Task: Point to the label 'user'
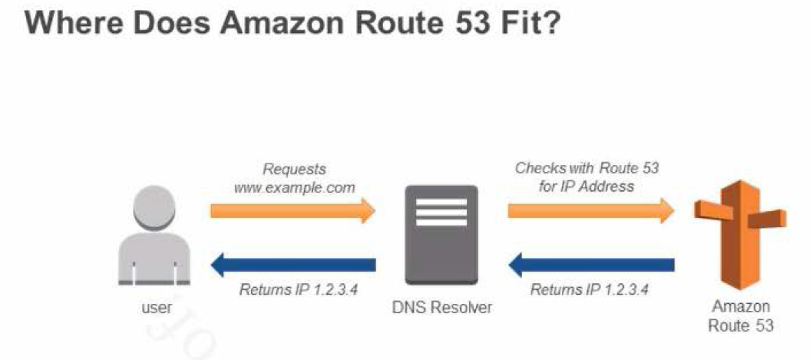click(156, 308)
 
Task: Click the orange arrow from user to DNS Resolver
click(292, 210)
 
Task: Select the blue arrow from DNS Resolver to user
click(292, 266)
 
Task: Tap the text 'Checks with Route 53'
click(587, 168)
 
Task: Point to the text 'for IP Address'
click(587, 187)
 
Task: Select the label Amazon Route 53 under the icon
click(740, 315)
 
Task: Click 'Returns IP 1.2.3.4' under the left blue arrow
click(299, 290)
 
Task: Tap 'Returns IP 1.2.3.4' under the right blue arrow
click(589, 290)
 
